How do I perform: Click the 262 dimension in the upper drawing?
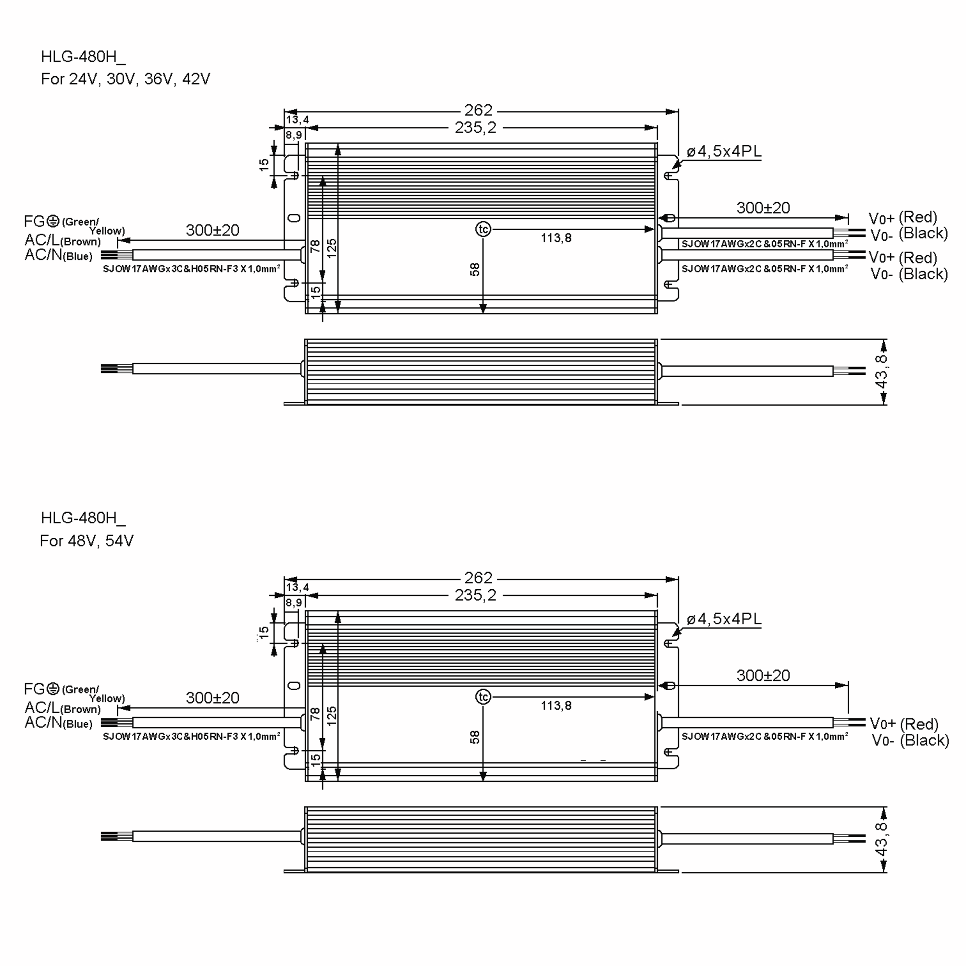(x=478, y=110)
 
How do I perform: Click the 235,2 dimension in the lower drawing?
(x=475, y=595)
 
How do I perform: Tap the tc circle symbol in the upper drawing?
(x=483, y=229)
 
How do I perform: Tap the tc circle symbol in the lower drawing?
(x=483, y=697)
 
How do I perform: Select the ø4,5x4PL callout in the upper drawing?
(x=724, y=151)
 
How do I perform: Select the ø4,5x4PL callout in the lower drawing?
(x=724, y=619)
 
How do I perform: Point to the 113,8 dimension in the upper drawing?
(x=556, y=238)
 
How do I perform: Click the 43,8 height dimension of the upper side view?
(x=881, y=371)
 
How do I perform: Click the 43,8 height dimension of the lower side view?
(x=881, y=839)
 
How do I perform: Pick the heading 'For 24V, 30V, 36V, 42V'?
(x=126, y=79)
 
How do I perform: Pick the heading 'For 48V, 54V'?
(x=87, y=541)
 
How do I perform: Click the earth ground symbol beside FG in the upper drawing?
(x=53, y=221)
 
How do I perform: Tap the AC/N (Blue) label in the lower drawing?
(x=58, y=722)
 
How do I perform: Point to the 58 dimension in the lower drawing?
(x=475, y=737)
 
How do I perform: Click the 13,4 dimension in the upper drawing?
(x=297, y=120)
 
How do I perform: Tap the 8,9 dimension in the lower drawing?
(x=294, y=603)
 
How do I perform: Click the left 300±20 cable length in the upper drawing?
(x=213, y=230)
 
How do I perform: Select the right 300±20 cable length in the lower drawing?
(x=763, y=675)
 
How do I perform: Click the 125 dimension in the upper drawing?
(x=332, y=248)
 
